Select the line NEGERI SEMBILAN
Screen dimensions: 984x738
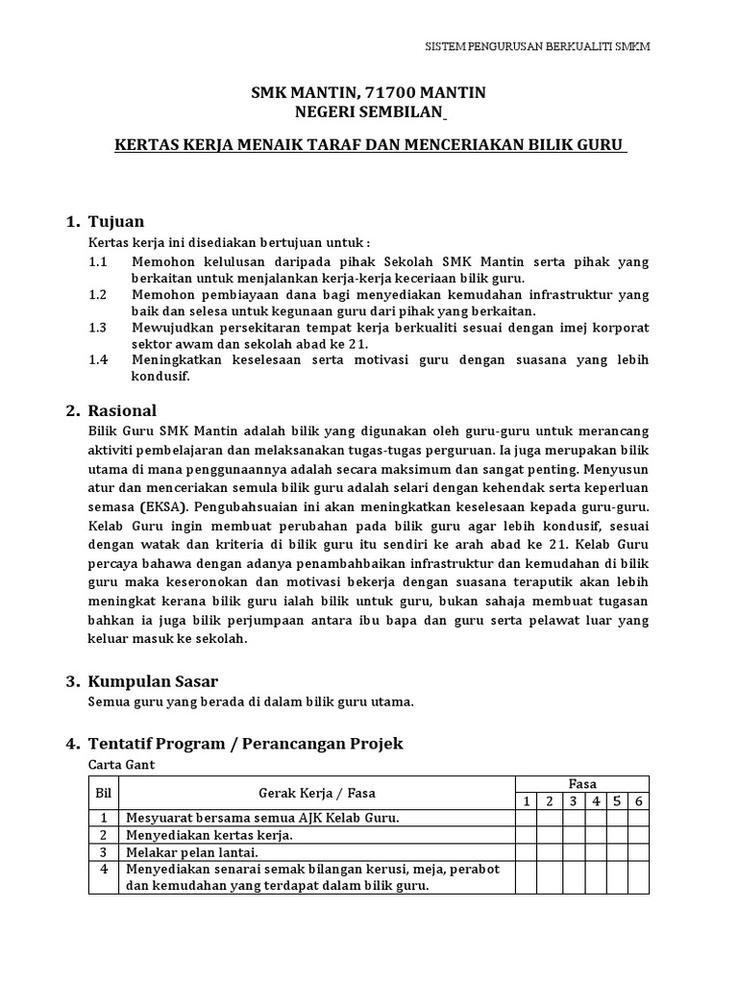point(368,113)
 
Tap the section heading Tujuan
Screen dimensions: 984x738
point(115,222)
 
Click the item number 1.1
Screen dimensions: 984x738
point(97,261)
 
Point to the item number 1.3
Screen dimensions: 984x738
point(97,328)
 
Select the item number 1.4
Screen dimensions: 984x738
point(97,360)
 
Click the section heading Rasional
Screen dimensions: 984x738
point(122,410)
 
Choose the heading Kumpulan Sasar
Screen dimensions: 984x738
point(153,681)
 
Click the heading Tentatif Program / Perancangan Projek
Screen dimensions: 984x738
point(245,744)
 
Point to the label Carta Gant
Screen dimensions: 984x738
point(121,766)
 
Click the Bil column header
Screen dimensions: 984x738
point(103,793)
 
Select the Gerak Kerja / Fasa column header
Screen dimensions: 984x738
point(317,793)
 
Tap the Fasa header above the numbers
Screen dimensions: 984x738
point(582,784)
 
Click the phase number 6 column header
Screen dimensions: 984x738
point(638,801)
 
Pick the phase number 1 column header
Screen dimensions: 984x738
point(527,801)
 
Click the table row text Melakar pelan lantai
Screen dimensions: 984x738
point(192,851)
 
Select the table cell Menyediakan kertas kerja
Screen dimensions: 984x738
point(209,835)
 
